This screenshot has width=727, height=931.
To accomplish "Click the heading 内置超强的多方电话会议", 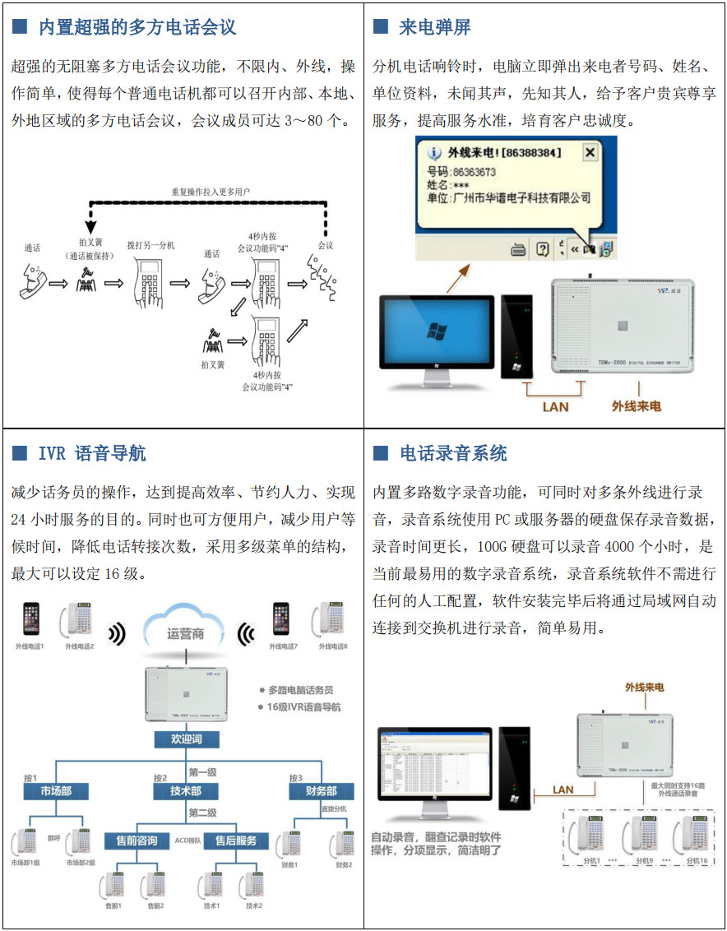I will click(x=137, y=27).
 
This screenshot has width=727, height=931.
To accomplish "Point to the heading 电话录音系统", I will click(x=453, y=453).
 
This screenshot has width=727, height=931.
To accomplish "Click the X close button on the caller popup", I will click(x=589, y=153).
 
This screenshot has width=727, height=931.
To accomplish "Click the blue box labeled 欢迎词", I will click(x=187, y=739).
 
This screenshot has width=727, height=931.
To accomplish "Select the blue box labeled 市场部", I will click(x=55, y=791).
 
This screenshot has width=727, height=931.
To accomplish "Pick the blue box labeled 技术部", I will click(x=187, y=791).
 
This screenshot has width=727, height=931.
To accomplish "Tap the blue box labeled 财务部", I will click(x=321, y=791).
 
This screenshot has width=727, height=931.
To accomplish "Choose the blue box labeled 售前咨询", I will click(x=137, y=841).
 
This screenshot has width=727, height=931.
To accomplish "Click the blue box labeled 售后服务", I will click(x=236, y=841).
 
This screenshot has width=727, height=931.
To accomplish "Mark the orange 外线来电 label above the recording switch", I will click(x=644, y=687).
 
